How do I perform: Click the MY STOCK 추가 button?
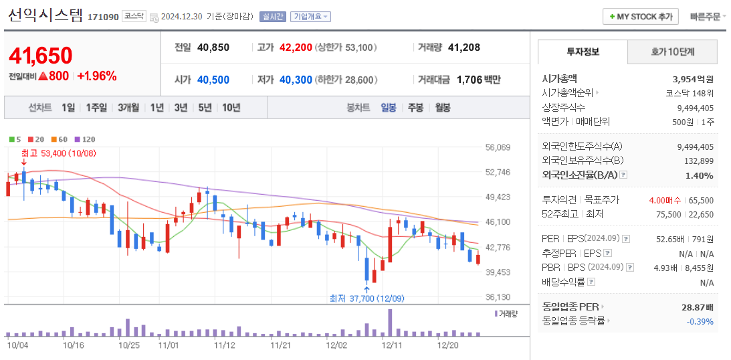coord(640,16)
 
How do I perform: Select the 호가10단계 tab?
coord(672,52)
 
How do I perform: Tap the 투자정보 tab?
coord(583,52)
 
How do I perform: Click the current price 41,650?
coord(41,56)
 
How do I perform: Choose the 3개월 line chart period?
coord(128,107)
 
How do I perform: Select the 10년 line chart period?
coord(231,107)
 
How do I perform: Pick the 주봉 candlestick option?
coord(415,107)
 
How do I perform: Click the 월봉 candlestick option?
coord(442,107)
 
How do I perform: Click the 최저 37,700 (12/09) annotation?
coord(367,298)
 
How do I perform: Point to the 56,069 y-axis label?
coord(498,147)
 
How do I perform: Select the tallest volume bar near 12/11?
coord(390,323)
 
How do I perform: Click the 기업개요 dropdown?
coord(310,17)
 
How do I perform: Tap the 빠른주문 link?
coord(707,16)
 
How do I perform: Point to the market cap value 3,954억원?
coord(693,78)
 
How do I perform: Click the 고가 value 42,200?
coord(296,48)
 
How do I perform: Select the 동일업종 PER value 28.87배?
coord(697,306)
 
